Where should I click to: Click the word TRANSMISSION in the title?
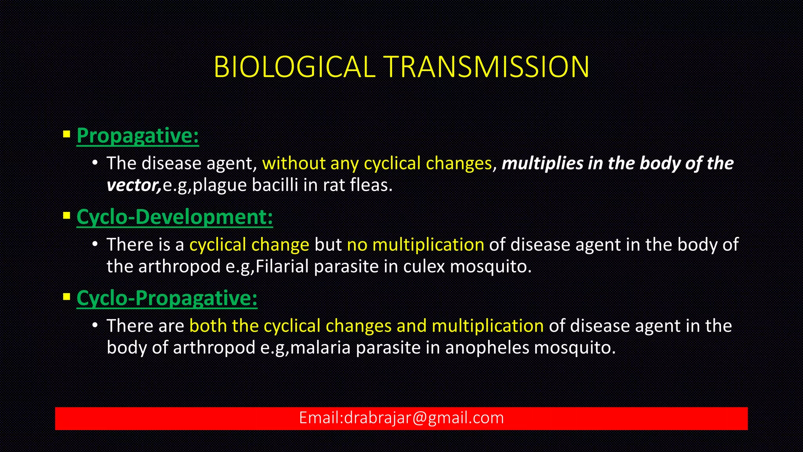[x=487, y=67]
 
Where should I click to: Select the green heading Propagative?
[x=138, y=136]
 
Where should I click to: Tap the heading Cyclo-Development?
[x=174, y=217]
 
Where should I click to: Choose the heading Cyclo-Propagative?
[x=167, y=298]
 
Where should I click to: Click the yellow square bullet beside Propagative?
[x=67, y=135]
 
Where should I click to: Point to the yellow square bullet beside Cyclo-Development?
[x=67, y=216]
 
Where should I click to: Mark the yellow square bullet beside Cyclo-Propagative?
[x=67, y=297]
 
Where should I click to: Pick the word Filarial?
[x=282, y=267]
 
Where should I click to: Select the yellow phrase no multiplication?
[x=416, y=245]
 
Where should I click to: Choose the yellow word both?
[x=208, y=326]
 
